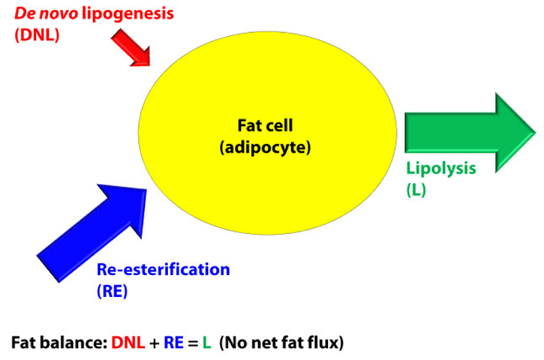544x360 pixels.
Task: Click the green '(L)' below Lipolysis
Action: [416, 189]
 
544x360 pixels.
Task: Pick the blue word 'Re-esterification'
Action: [163, 269]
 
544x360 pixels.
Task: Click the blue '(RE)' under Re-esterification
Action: [112, 291]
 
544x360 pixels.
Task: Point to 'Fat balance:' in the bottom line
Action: [58, 343]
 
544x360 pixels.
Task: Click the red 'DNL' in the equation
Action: [129, 343]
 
